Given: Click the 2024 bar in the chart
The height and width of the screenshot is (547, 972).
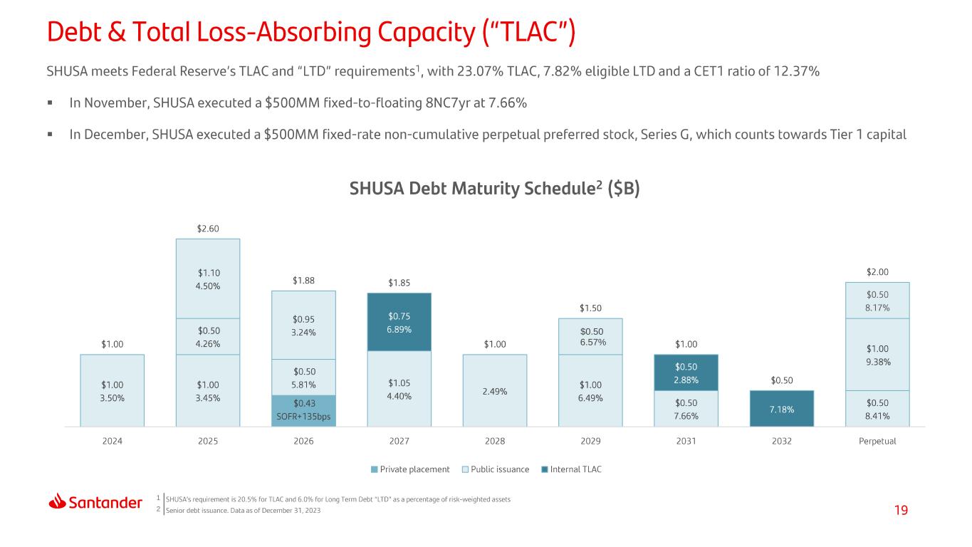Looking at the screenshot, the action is [112, 390].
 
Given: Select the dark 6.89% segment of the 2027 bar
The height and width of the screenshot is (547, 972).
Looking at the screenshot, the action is [399, 322].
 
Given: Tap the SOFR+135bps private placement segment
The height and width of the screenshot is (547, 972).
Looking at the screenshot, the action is [304, 411].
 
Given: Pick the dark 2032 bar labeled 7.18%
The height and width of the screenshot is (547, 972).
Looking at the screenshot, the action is [782, 409].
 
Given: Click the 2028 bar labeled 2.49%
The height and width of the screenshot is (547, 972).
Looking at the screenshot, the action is [495, 390].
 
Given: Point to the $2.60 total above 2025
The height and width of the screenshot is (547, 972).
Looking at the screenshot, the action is [208, 229].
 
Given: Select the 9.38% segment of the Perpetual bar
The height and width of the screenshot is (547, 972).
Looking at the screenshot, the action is [877, 355].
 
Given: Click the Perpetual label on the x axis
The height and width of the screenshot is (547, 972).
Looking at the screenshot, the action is [877, 441].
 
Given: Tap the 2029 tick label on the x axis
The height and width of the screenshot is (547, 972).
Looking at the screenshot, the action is [590, 441].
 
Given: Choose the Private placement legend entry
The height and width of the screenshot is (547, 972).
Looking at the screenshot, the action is [410, 469].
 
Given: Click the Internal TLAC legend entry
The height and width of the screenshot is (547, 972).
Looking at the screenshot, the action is [572, 469].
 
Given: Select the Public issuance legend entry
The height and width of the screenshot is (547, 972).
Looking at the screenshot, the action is [496, 469].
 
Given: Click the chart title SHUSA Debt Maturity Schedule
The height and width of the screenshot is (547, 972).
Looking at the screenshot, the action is [495, 189].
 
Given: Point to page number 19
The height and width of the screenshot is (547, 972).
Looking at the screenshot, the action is [901, 510].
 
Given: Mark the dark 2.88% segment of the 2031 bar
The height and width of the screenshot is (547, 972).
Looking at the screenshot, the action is [686, 373].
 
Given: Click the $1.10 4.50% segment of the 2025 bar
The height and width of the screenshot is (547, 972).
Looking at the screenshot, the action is [208, 278].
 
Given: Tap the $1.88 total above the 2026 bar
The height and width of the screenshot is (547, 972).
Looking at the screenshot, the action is [303, 281].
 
